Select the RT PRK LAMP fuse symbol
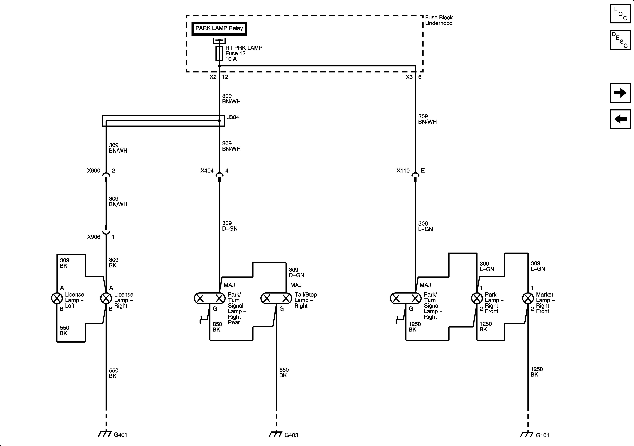pos(219,53)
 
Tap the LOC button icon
pos(620,14)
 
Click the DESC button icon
pos(620,40)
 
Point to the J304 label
pos(233,117)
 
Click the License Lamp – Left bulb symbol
pos(57,298)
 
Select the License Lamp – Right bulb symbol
pos(106,298)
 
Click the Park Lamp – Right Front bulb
pos(477,298)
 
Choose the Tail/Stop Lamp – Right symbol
pos(276,298)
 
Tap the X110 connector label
pos(403,171)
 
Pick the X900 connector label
pos(94,171)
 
